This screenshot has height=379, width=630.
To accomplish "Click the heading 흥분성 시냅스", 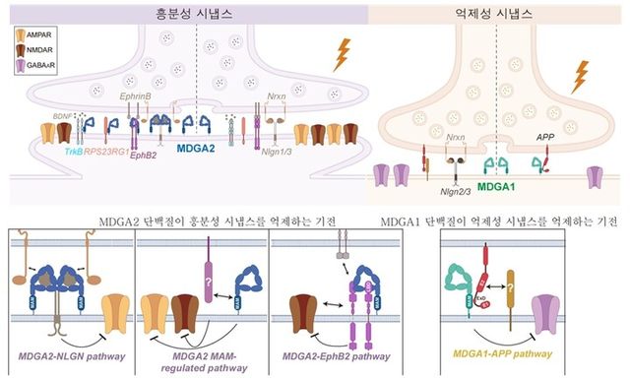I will (195, 14).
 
